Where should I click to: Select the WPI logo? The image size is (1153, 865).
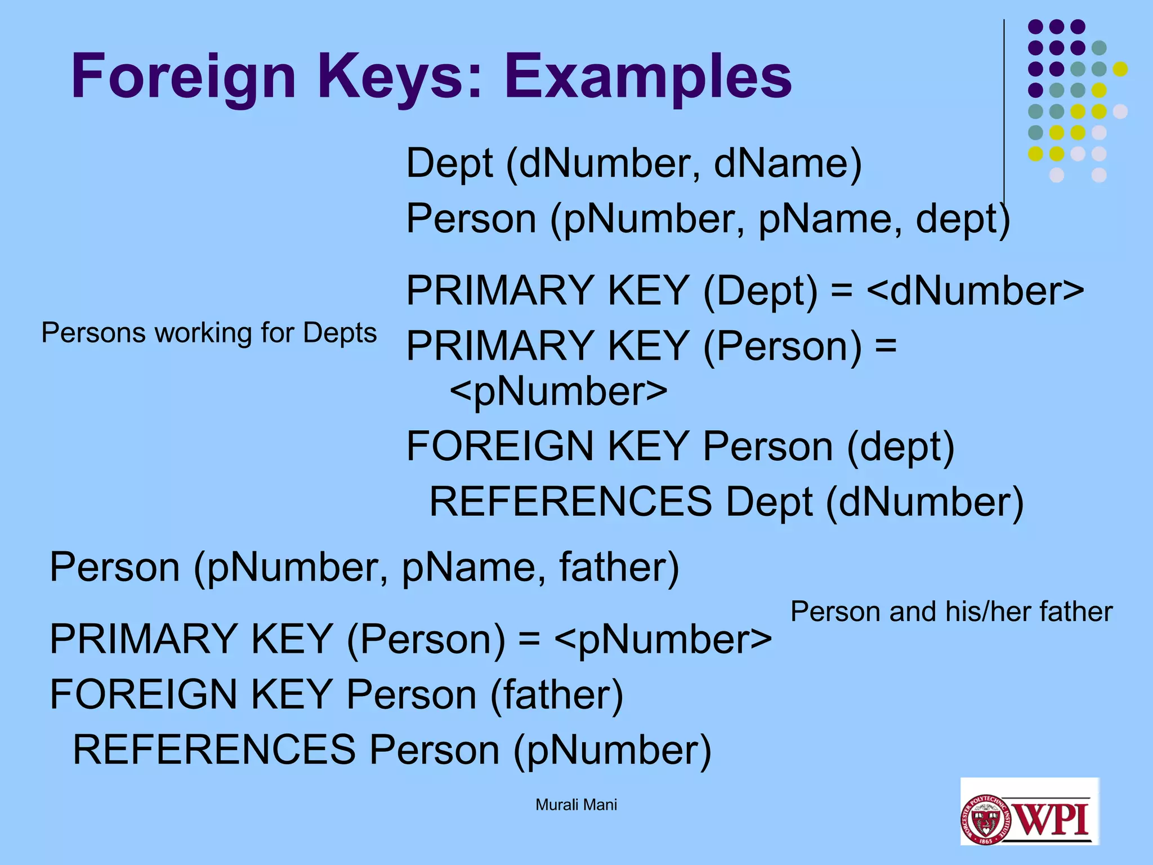1029,811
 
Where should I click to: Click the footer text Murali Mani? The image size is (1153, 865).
576,805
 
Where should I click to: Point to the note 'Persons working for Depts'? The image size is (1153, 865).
209,333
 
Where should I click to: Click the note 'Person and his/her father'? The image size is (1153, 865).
951,612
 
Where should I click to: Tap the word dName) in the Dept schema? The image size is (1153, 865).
788,163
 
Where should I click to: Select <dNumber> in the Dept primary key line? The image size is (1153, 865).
975,291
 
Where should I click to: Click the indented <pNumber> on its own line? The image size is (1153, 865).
558,391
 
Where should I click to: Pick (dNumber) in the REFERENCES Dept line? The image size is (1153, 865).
924,502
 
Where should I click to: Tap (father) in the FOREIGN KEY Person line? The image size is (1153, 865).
557,694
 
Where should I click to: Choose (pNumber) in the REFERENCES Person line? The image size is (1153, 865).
613,750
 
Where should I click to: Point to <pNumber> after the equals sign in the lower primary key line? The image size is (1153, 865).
663,639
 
